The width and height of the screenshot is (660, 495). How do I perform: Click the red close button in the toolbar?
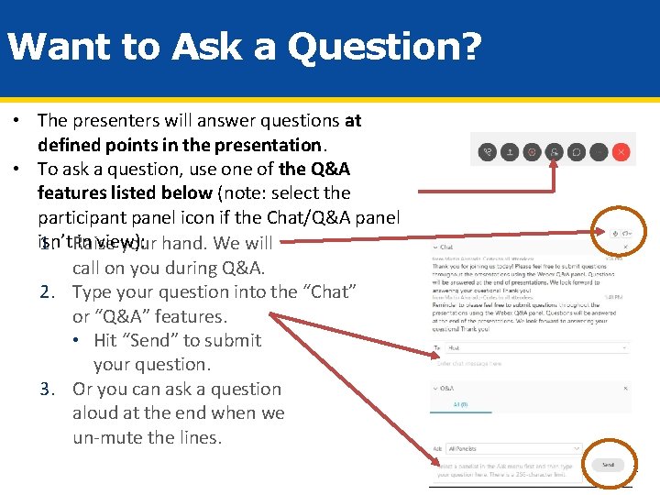pyautogui.click(x=621, y=152)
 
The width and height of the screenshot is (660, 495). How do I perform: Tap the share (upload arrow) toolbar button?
pyautogui.click(x=509, y=152)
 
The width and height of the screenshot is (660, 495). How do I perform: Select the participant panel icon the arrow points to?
pyautogui.click(x=554, y=152)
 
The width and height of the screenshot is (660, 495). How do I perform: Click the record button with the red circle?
pyautogui.click(x=532, y=152)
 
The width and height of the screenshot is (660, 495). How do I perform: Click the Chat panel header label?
pyautogui.click(x=447, y=247)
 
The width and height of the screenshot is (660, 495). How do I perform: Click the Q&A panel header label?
pyautogui.click(x=447, y=389)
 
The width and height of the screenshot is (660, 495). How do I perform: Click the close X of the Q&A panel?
pyautogui.click(x=625, y=389)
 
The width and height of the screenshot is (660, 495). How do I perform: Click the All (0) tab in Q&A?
pyautogui.click(x=460, y=404)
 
